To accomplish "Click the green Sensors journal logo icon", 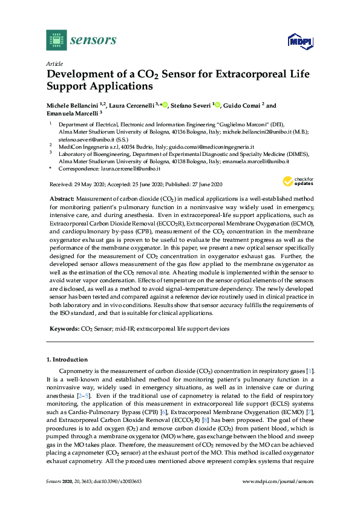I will [55, 41].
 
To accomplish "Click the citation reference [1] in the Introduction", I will [309, 369].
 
